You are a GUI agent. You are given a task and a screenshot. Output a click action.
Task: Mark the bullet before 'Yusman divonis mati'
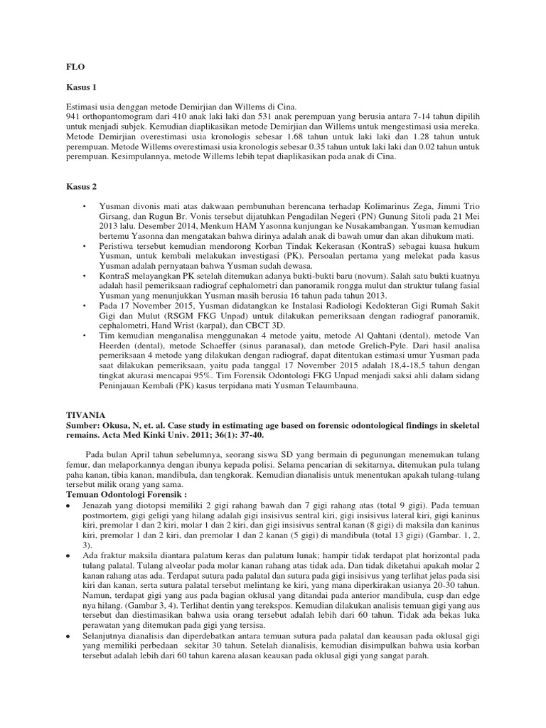pos(84,205)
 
